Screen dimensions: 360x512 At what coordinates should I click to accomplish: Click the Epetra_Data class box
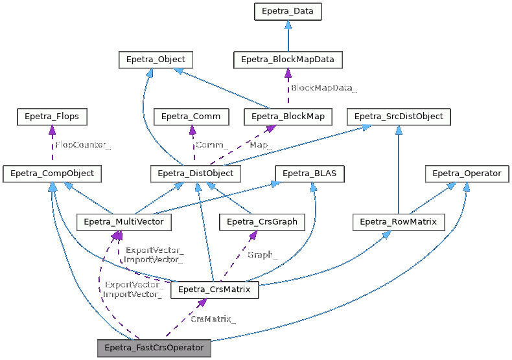pos(288,12)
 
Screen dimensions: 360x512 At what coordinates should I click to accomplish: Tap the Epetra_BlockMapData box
pos(288,60)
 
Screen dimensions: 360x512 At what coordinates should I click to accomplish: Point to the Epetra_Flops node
pos(51,117)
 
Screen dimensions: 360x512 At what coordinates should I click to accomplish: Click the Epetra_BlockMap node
pos(288,117)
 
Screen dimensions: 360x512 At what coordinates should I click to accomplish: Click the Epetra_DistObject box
pos(196,174)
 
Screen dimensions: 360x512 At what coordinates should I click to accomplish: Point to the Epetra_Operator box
pos(467,174)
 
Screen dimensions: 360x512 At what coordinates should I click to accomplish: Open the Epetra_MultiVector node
pos(124,222)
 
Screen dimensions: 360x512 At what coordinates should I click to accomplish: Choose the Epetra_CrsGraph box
pos(262,222)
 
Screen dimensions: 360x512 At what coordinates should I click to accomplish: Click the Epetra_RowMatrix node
pos(398,222)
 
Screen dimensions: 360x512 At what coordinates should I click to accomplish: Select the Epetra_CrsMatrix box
pos(215,289)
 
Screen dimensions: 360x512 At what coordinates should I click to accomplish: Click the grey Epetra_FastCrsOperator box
pos(154,348)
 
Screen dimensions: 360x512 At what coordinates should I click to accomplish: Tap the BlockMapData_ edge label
pos(324,87)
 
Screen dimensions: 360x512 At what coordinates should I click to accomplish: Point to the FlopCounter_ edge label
pos(83,145)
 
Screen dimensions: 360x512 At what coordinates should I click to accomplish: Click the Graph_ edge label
pos(262,255)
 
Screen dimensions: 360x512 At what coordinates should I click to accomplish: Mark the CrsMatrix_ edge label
pos(213,319)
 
